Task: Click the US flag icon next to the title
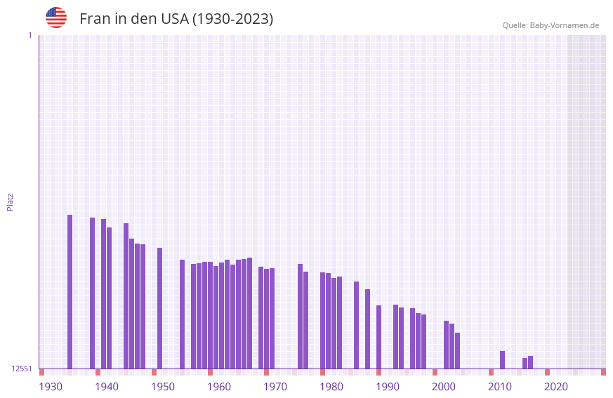(x=56, y=18)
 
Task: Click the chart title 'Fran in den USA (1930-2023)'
(x=176, y=19)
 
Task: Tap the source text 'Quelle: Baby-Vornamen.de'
(x=551, y=25)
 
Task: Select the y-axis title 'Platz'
(x=10, y=201)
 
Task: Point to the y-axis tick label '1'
(x=29, y=35)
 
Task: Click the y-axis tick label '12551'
(x=22, y=369)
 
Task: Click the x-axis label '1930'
(x=51, y=386)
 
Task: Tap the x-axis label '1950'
(x=163, y=386)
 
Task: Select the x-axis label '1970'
(x=275, y=386)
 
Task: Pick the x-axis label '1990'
(x=388, y=386)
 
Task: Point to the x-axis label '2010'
(x=500, y=386)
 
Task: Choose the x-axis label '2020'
(x=556, y=386)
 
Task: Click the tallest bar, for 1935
(x=70, y=291)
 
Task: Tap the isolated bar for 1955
(x=183, y=314)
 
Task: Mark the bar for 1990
(x=379, y=337)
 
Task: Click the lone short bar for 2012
(x=503, y=359)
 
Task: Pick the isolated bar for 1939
(x=93, y=293)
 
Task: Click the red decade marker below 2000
(x=435, y=372)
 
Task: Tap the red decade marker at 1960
(x=211, y=372)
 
